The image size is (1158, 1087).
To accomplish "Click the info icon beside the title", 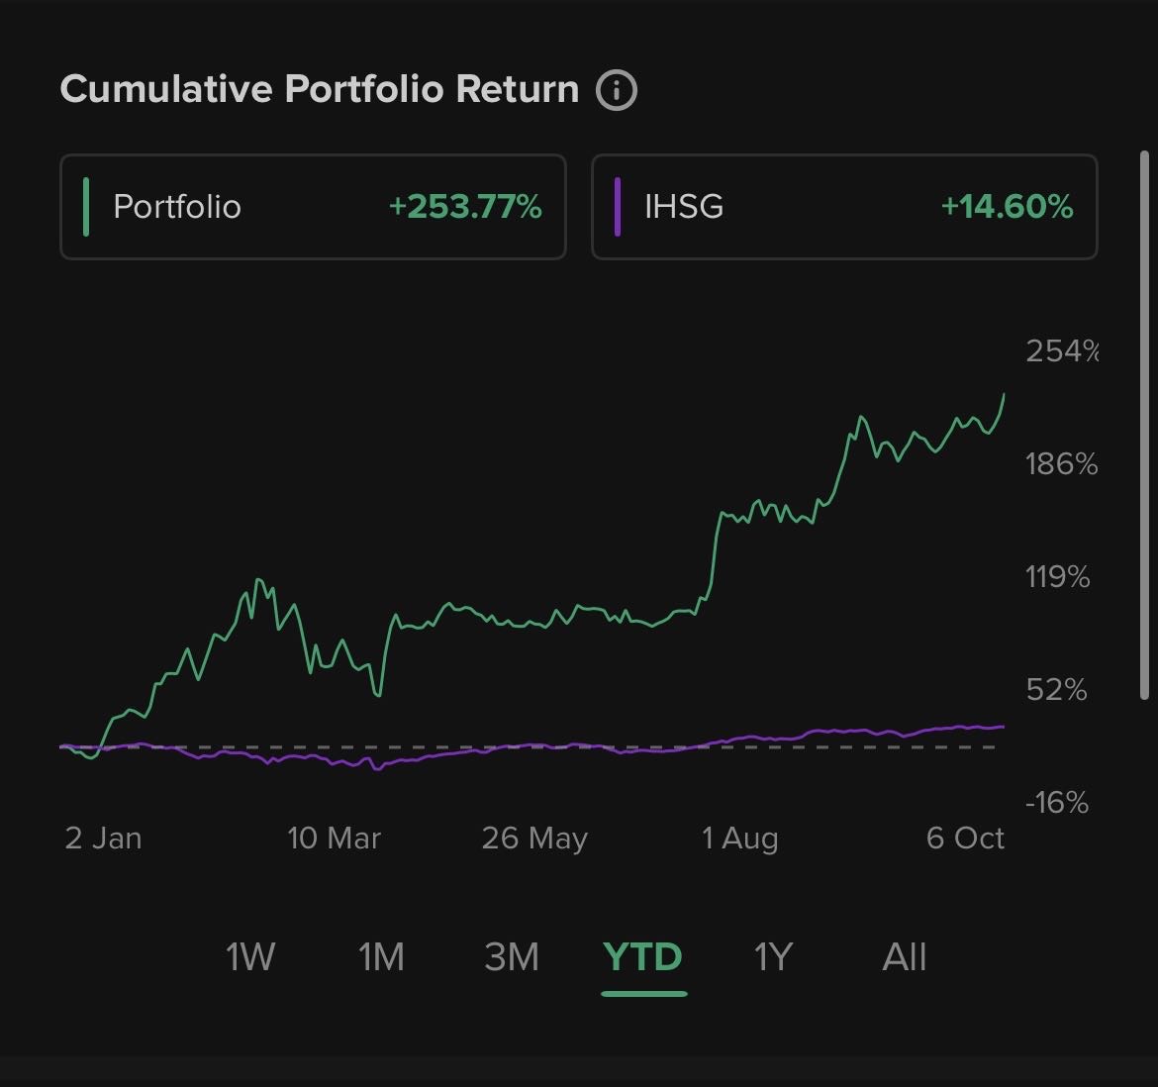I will [617, 90].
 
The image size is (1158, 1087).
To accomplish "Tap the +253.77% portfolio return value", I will [465, 206].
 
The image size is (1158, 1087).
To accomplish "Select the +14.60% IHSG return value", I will [1007, 206].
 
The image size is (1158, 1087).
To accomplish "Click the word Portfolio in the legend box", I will [177, 206].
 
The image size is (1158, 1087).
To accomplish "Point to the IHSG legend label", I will [684, 206].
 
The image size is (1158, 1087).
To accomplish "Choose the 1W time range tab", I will [249, 957].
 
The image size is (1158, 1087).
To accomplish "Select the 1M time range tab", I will [381, 957].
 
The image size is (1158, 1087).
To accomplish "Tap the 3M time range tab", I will [512, 957].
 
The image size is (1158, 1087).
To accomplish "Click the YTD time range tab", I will [643, 957].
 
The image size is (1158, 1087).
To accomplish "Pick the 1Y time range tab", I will [773, 957].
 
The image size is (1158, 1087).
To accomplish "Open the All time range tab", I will [904, 957].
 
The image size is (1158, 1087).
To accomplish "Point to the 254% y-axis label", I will [1061, 350].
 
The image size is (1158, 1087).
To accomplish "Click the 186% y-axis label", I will [1061, 463].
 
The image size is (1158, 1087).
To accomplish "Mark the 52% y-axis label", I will [1057, 689].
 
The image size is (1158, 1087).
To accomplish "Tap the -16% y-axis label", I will [1057, 802].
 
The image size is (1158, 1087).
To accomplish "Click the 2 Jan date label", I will [104, 839].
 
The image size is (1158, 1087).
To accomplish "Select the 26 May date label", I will [534, 839].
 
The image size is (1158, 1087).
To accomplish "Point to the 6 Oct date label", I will [965, 839].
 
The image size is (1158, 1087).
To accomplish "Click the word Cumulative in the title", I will [165, 89].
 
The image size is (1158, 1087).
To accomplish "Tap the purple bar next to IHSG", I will [618, 206].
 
